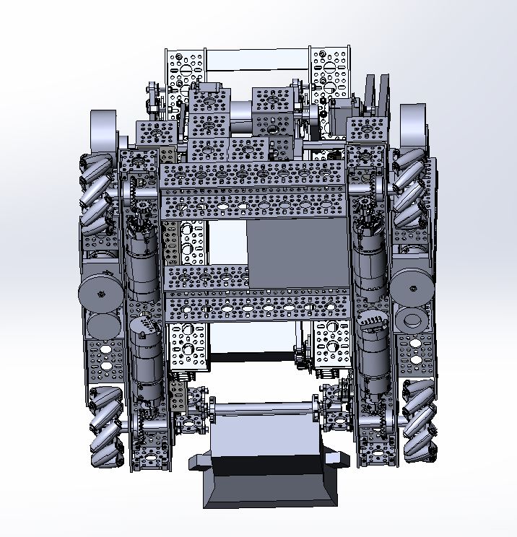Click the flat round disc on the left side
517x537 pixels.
click(x=100, y=292)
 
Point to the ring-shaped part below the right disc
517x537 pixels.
click(x=412, y=320)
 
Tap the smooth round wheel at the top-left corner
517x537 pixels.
click(x=105, y=130)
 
